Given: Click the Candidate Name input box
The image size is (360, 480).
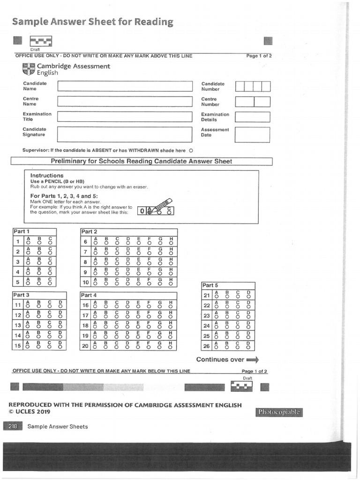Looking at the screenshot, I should point(125,86).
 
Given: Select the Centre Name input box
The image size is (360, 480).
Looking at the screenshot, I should point(125,101).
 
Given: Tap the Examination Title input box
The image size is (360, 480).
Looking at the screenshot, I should point(125,117).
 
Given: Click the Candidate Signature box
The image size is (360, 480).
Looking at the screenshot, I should point(125,134).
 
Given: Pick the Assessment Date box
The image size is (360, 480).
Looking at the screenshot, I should point(253,134).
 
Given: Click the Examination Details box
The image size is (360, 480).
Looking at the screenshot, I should point(253,117).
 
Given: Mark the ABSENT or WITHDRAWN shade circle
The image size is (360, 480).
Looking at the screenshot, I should point(191,151).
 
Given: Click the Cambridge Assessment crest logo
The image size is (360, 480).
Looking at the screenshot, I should point(28,69).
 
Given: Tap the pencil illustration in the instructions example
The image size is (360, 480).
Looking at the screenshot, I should point(159,206).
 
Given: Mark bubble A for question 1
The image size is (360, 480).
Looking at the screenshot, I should point(28,244).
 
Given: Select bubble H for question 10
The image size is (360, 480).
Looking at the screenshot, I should point(171,284).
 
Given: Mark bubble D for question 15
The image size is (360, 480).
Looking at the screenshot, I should point(60,347).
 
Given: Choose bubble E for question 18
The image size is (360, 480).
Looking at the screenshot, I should point(138,327).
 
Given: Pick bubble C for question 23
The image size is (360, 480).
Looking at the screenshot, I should point(238,317).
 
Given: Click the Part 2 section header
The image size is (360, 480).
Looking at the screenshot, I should point(89,232).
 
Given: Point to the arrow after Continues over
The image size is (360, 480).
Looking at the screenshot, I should point(253,360).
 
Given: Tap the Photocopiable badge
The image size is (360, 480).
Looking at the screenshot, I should point(279,412).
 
